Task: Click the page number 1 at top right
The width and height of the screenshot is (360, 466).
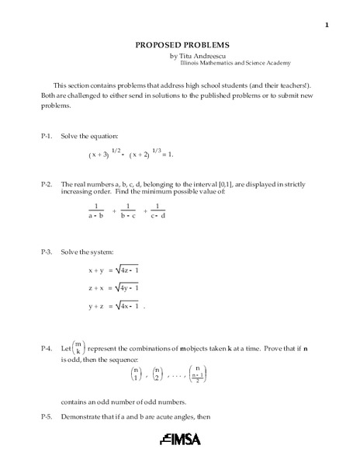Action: click(327, 26)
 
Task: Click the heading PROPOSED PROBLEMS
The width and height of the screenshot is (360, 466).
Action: click(179, 46)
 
